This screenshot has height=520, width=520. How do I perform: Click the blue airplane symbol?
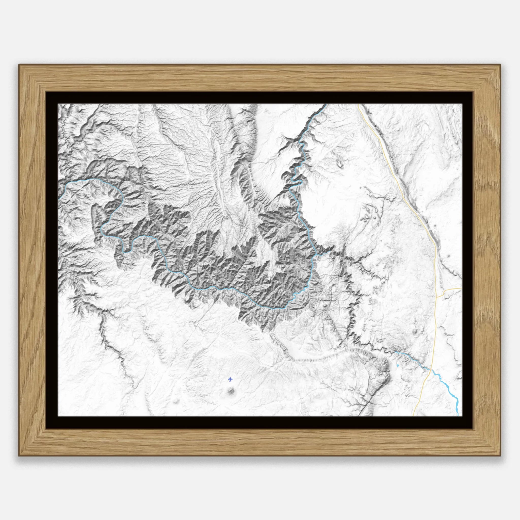230,380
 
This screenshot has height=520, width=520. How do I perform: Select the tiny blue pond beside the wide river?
398,366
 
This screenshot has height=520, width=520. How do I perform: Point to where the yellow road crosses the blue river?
431,370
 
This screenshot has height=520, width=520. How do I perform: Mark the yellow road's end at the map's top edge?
359,104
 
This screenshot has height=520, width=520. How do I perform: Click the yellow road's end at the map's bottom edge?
413,416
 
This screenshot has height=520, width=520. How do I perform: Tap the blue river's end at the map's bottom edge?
458,416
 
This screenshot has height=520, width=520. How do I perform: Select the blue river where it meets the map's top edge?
326,104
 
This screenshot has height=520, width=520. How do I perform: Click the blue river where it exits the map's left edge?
59,198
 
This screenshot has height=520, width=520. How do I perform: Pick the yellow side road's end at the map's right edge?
461,288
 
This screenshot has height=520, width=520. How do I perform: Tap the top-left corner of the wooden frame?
19,64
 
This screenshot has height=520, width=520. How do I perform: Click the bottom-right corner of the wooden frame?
501,456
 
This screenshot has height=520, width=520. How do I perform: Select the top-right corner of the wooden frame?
501,64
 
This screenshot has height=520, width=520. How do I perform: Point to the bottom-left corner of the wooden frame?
19,456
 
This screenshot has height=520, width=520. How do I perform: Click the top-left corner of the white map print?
59,104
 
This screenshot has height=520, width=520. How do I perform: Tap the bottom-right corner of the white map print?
462,416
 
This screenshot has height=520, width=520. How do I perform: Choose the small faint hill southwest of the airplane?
176,402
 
